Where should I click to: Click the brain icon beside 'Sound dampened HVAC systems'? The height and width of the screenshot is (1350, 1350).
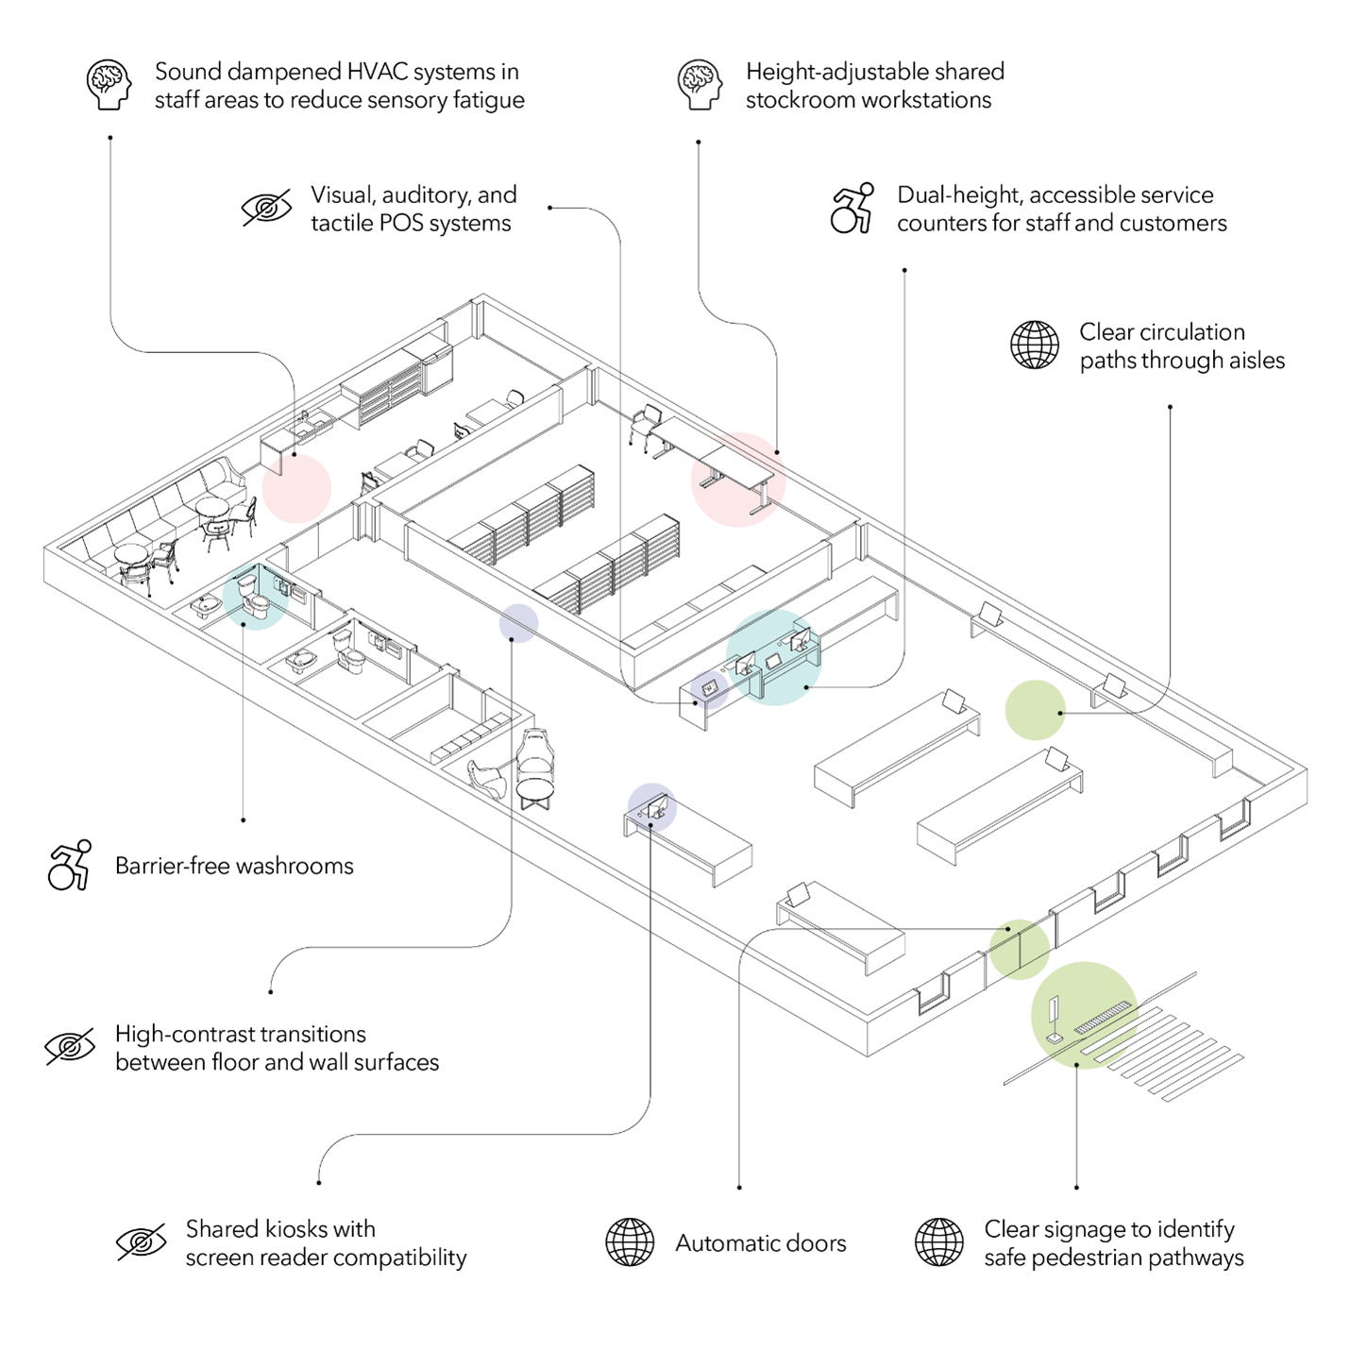(109, 85)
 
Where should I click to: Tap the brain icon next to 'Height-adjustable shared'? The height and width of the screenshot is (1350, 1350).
(700, 85)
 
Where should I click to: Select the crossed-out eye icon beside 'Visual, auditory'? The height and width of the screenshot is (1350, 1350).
(266, 208)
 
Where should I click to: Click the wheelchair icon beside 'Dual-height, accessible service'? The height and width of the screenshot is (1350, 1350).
(852, 208)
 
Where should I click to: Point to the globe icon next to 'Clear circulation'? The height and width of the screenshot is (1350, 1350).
(1035, 345)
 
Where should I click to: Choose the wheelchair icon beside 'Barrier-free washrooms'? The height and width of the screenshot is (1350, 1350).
(70, 865)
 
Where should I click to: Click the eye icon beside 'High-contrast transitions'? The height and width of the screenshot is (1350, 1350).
(70, 1047)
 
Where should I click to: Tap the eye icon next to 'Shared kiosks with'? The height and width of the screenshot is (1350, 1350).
(141, 1241)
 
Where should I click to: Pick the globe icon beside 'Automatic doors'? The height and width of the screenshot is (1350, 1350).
(630, 1241)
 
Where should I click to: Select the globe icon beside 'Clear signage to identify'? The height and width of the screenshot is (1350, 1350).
(939, 1241)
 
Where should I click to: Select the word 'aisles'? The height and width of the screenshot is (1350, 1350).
(1255, 361)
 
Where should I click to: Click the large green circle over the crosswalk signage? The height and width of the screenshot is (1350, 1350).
(1084, 1015)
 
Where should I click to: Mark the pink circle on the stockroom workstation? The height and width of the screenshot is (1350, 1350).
(738, 479)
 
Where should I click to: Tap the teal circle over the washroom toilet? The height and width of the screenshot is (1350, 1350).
(254, 596)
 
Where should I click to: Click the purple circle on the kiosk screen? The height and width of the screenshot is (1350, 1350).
(651, 807)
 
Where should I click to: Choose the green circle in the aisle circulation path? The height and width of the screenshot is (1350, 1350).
(1035, 710)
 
